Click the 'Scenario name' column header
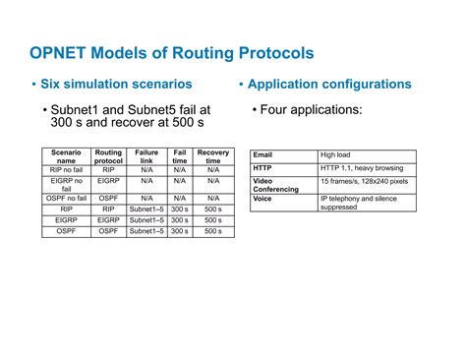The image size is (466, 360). pos(66,157)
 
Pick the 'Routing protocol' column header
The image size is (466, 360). pos(108,157)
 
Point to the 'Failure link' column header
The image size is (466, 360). pos(146,157)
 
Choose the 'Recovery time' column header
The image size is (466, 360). pos(213,157)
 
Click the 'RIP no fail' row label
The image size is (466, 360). pos(66,169)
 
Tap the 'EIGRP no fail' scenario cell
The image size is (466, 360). pos(66,183)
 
